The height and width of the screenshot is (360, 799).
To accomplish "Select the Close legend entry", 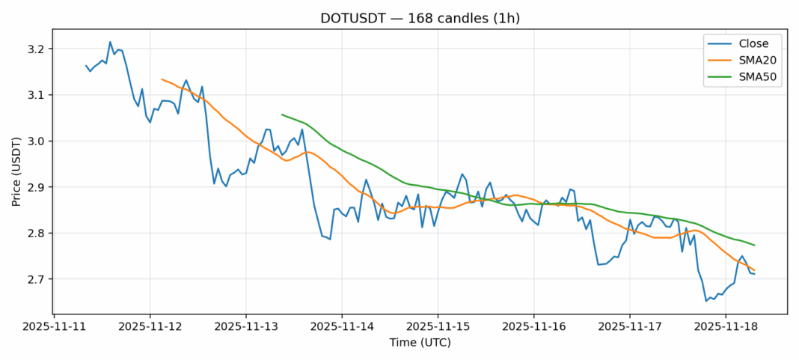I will [x=749, y=43].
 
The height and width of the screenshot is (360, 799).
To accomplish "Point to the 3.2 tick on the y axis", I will [x=37, y=49].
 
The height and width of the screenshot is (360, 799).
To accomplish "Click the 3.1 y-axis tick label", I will [x=37, y=95].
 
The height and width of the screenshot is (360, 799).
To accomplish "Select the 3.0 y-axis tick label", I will [x=37, y=141].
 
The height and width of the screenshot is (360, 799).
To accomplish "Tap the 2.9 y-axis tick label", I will [x=37, y=187].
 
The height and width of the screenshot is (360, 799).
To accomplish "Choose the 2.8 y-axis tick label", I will [x=37, y=234].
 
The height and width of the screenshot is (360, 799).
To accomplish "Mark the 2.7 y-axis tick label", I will [x=37, y=279].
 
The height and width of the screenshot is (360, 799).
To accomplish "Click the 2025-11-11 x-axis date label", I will [x=54, y=327].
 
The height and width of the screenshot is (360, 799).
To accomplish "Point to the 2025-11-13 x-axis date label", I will [x=246, y=327].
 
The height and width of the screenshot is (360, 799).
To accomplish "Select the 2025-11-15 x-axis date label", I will [x=438, y=327].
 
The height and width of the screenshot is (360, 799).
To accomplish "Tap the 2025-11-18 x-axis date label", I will [x=726, y=327].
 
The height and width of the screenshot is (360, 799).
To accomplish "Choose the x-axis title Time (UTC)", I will [x=420, y=342].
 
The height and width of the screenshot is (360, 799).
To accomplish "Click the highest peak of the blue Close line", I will [x=110, y=42].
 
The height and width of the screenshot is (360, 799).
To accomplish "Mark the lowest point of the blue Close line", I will [x=706, y=301].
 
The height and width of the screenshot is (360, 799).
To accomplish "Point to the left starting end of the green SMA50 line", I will [x=282, y=115].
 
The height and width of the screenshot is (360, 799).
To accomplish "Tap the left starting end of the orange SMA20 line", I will [x=162, y=79].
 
